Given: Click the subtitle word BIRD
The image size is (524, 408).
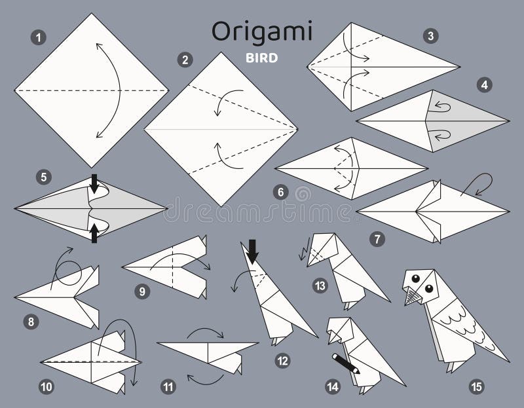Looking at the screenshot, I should pos(263,57).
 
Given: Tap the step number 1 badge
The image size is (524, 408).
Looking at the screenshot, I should pos(41,39).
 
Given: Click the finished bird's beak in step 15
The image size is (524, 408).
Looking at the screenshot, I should pos(411,297).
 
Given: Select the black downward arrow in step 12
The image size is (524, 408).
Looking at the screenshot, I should pos(252,251).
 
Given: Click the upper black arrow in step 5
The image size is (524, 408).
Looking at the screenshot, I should pos(94,186).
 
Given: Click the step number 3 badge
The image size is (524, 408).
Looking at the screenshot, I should pos(430,37).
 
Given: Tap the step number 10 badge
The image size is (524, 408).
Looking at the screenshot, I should pos(47,386).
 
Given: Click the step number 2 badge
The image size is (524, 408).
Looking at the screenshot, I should pos(185,60).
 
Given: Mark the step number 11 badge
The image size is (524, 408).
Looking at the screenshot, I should pos(170,386).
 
